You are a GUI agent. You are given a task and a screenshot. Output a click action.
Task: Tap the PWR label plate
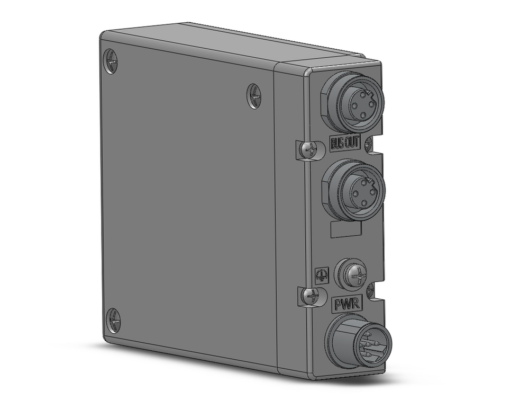click(x=346, y=305)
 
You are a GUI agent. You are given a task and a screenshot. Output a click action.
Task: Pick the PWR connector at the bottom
click(x=358, y=343)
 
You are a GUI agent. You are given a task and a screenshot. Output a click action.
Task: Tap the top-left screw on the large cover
click(x=112, y=61)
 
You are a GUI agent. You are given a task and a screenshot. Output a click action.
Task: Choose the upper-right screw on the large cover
click(x=254, y=96)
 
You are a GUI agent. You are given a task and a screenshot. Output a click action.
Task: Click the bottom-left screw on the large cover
click(x=113, y=320)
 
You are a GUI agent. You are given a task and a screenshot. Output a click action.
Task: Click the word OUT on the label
click(x=354, y=143)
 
